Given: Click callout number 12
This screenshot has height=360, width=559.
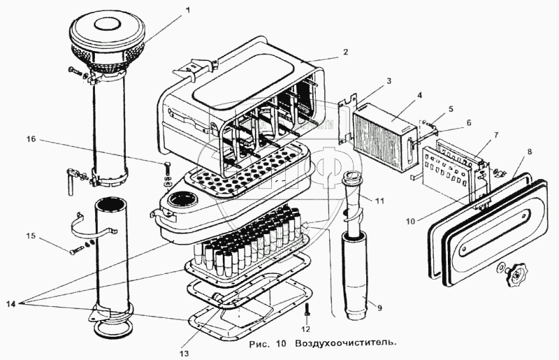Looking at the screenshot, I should click(305, 328).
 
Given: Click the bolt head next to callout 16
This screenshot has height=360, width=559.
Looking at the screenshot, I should click(168, 168).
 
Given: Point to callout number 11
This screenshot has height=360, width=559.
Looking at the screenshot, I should click(379, 201).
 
